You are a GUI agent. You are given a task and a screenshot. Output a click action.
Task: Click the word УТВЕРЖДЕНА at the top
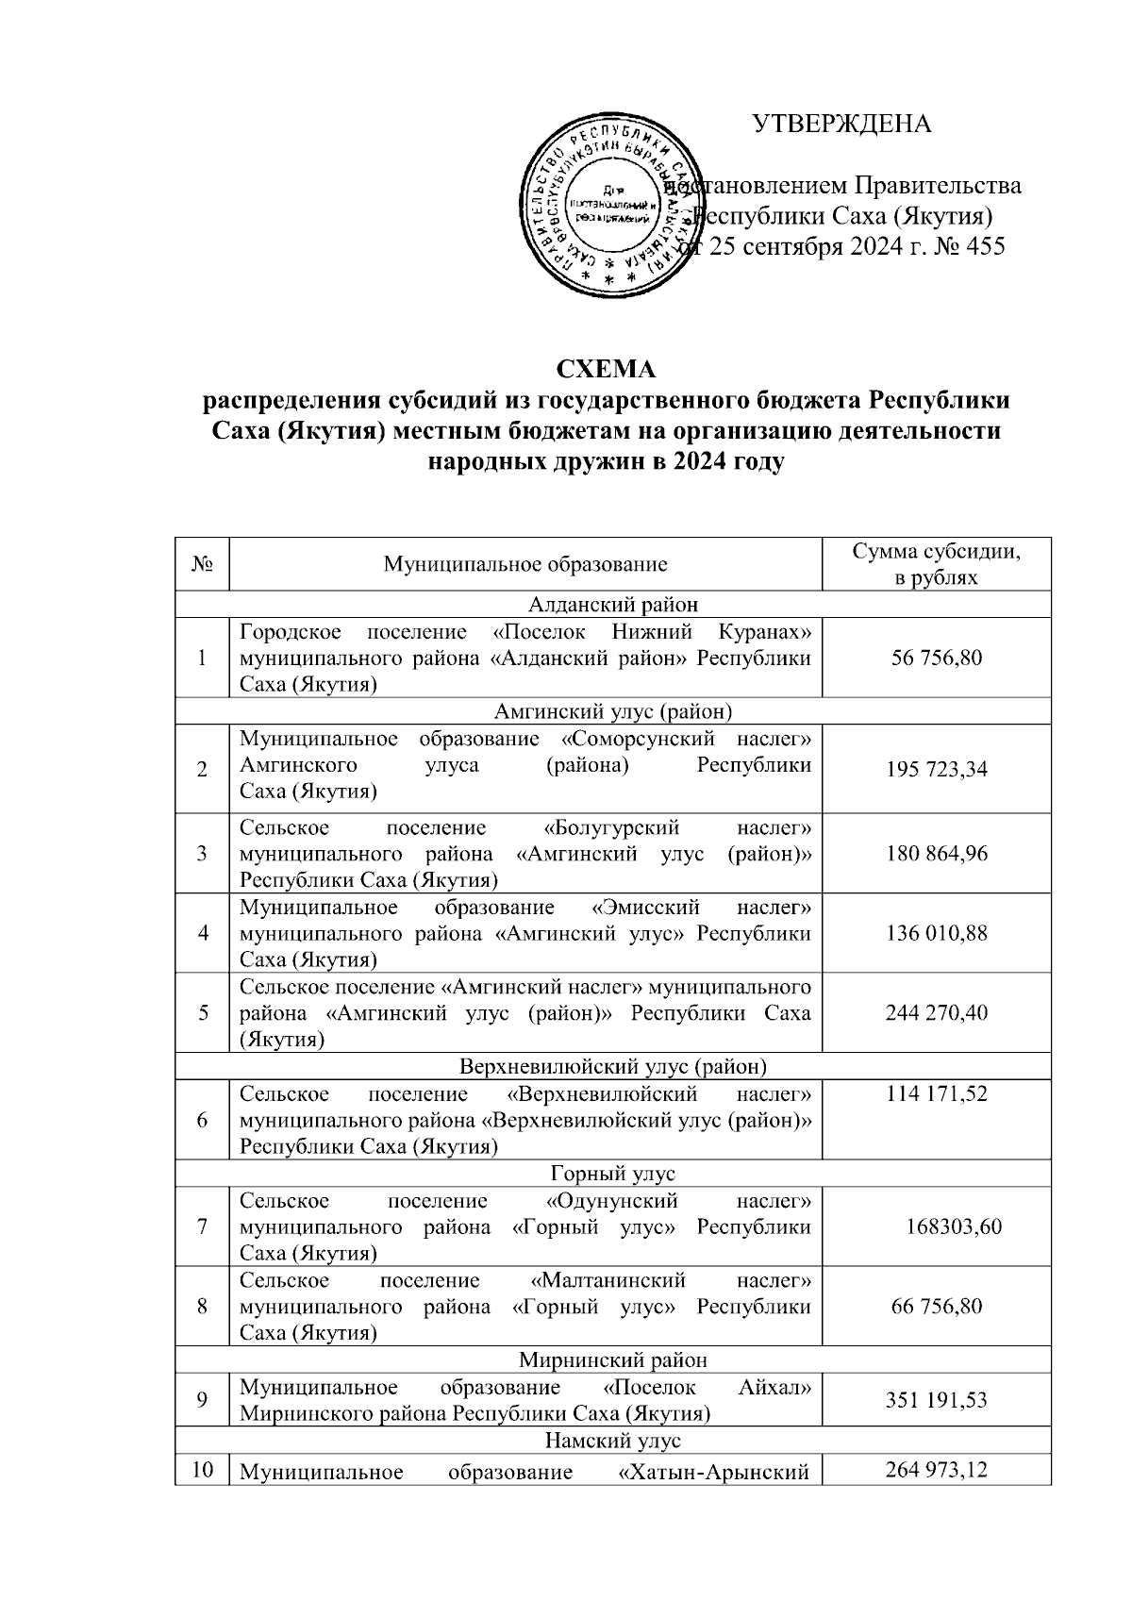(841, 125)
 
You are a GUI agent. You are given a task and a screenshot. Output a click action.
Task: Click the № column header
(202, 564)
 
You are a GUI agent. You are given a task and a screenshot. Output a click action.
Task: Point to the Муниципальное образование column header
(525, 564)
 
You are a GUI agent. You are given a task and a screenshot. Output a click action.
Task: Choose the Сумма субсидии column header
(936, 564)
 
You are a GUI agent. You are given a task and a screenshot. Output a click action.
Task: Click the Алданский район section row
(612, 604)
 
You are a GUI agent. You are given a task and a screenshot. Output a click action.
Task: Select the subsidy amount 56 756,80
(937, 658)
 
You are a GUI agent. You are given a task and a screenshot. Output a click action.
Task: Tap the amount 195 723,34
(937, 769)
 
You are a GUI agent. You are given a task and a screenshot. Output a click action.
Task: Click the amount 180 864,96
(937, 854)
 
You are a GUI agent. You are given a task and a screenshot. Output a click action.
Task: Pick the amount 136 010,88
(937, 933)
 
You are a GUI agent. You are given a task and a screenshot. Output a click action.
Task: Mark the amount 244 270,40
(937, 1013)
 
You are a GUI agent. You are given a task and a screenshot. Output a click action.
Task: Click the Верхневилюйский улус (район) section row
(612, 1066)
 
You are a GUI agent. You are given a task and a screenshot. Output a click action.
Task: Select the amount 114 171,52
(937, 1094)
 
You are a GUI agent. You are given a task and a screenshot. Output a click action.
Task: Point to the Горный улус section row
(612, 1174)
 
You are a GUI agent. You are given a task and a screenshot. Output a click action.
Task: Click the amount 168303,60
(953, 1226)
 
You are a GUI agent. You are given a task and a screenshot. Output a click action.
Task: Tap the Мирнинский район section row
(612, 1359)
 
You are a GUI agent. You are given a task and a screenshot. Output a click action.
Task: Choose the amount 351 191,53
(937, 1400)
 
